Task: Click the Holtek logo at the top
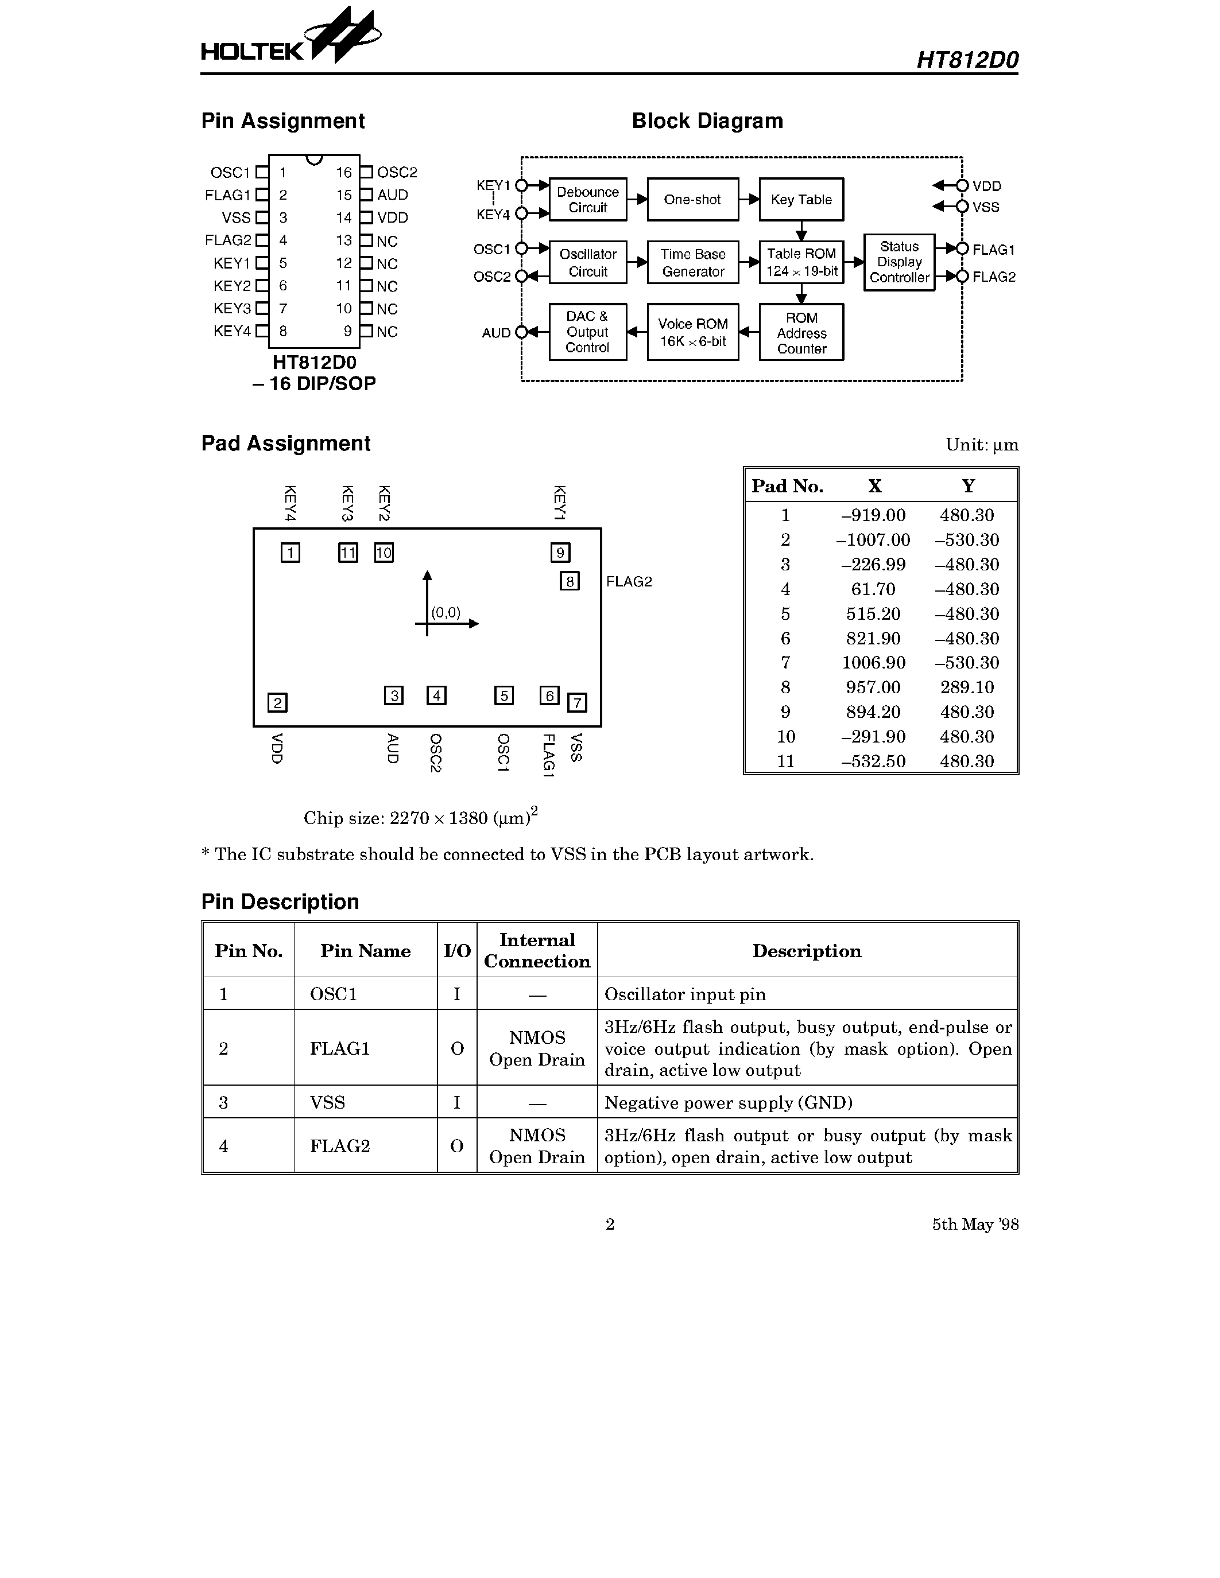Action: click(x=291, y=40)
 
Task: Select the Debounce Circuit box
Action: click(x=587, y=200)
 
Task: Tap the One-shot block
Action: click(x=692, y=200)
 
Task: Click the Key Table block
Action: click(x=801, y=200)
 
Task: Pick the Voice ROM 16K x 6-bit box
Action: click(x=692, y=332)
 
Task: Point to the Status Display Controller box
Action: click(x=899, y=262)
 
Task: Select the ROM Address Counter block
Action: click(x=801, y=332)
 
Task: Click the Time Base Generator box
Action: click(x=692, y=262)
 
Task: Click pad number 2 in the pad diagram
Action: click(x=277, y=702)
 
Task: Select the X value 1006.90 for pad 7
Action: click(x=873, y=663)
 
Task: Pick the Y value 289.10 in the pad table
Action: click(x=967, y=687)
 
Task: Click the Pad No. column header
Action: click(x=787, y=486)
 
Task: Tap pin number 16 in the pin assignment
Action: click(x=343, y=173)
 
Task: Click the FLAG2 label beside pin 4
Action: click(x=228, y=240)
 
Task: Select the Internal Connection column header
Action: click(x=537, y=950)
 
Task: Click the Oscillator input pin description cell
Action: click(x=684, y=994)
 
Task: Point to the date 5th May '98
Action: click(x=975, y=1224)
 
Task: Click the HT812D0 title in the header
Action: click(x=967, y=59)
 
